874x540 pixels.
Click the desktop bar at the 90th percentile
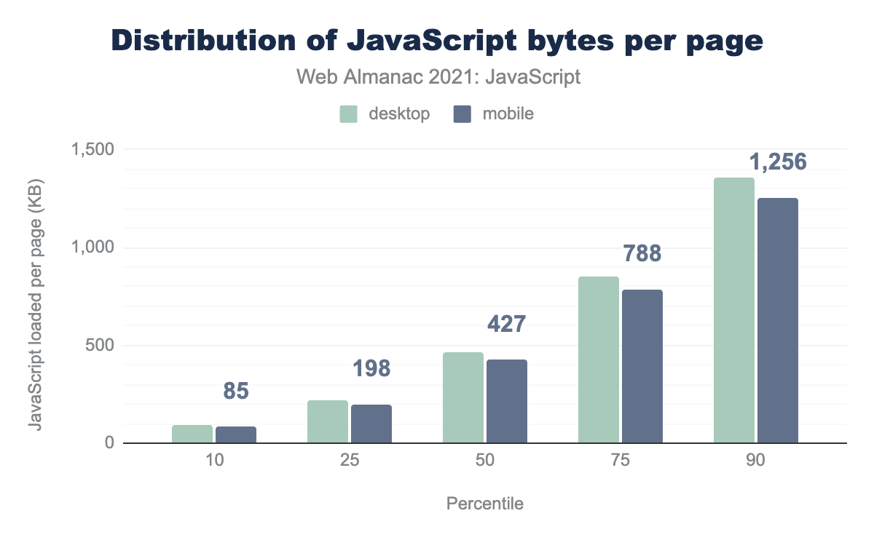click(734, 310)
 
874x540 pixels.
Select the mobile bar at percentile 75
click(642, 366)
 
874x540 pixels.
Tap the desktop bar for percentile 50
click(463, 397)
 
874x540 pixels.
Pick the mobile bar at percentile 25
click(371, 424)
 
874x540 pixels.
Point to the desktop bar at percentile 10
click(192, 434)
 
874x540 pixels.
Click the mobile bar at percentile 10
click(236, 434)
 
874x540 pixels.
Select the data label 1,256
click(779, 162)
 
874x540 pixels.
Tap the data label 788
click(642, 253)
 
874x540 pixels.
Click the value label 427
click(506, 324)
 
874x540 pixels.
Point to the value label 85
click(236, 391)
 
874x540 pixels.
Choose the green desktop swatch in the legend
click(349, 114)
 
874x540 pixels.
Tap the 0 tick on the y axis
click(108, 442)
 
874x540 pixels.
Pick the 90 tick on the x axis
click(756, 462)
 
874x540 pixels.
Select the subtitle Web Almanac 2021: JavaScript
click(438, 76)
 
